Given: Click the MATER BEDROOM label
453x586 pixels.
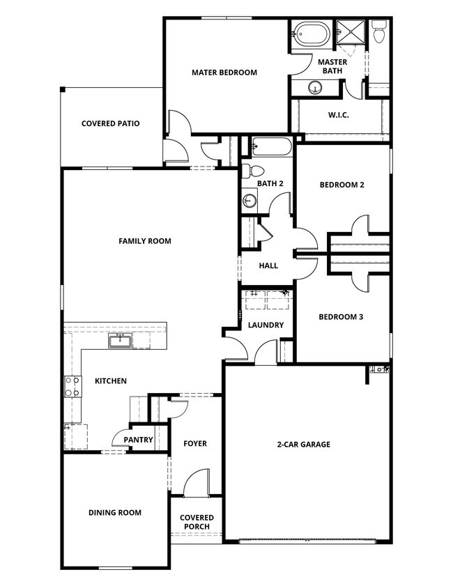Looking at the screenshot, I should coord(224,72).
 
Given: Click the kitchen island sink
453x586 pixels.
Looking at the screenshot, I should coord(121,341).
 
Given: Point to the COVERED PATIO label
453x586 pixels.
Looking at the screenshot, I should coord(110,124).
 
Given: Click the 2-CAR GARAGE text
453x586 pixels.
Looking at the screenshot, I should coord(303,445).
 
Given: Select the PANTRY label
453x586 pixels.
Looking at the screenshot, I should coord(138,440).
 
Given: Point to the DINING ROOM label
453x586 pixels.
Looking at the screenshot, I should coord(115,513).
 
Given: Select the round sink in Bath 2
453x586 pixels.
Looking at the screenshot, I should coord(249,201).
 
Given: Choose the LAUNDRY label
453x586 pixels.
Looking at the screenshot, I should coord(266,325).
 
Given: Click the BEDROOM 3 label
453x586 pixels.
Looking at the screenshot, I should coord(341,317).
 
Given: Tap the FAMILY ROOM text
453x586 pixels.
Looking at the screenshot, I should coord(144,242).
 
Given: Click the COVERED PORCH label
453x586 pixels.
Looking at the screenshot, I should coord(197,523).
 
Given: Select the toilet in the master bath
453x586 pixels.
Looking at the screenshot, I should coord(378,31).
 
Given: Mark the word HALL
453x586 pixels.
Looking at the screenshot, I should coord(268,265).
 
